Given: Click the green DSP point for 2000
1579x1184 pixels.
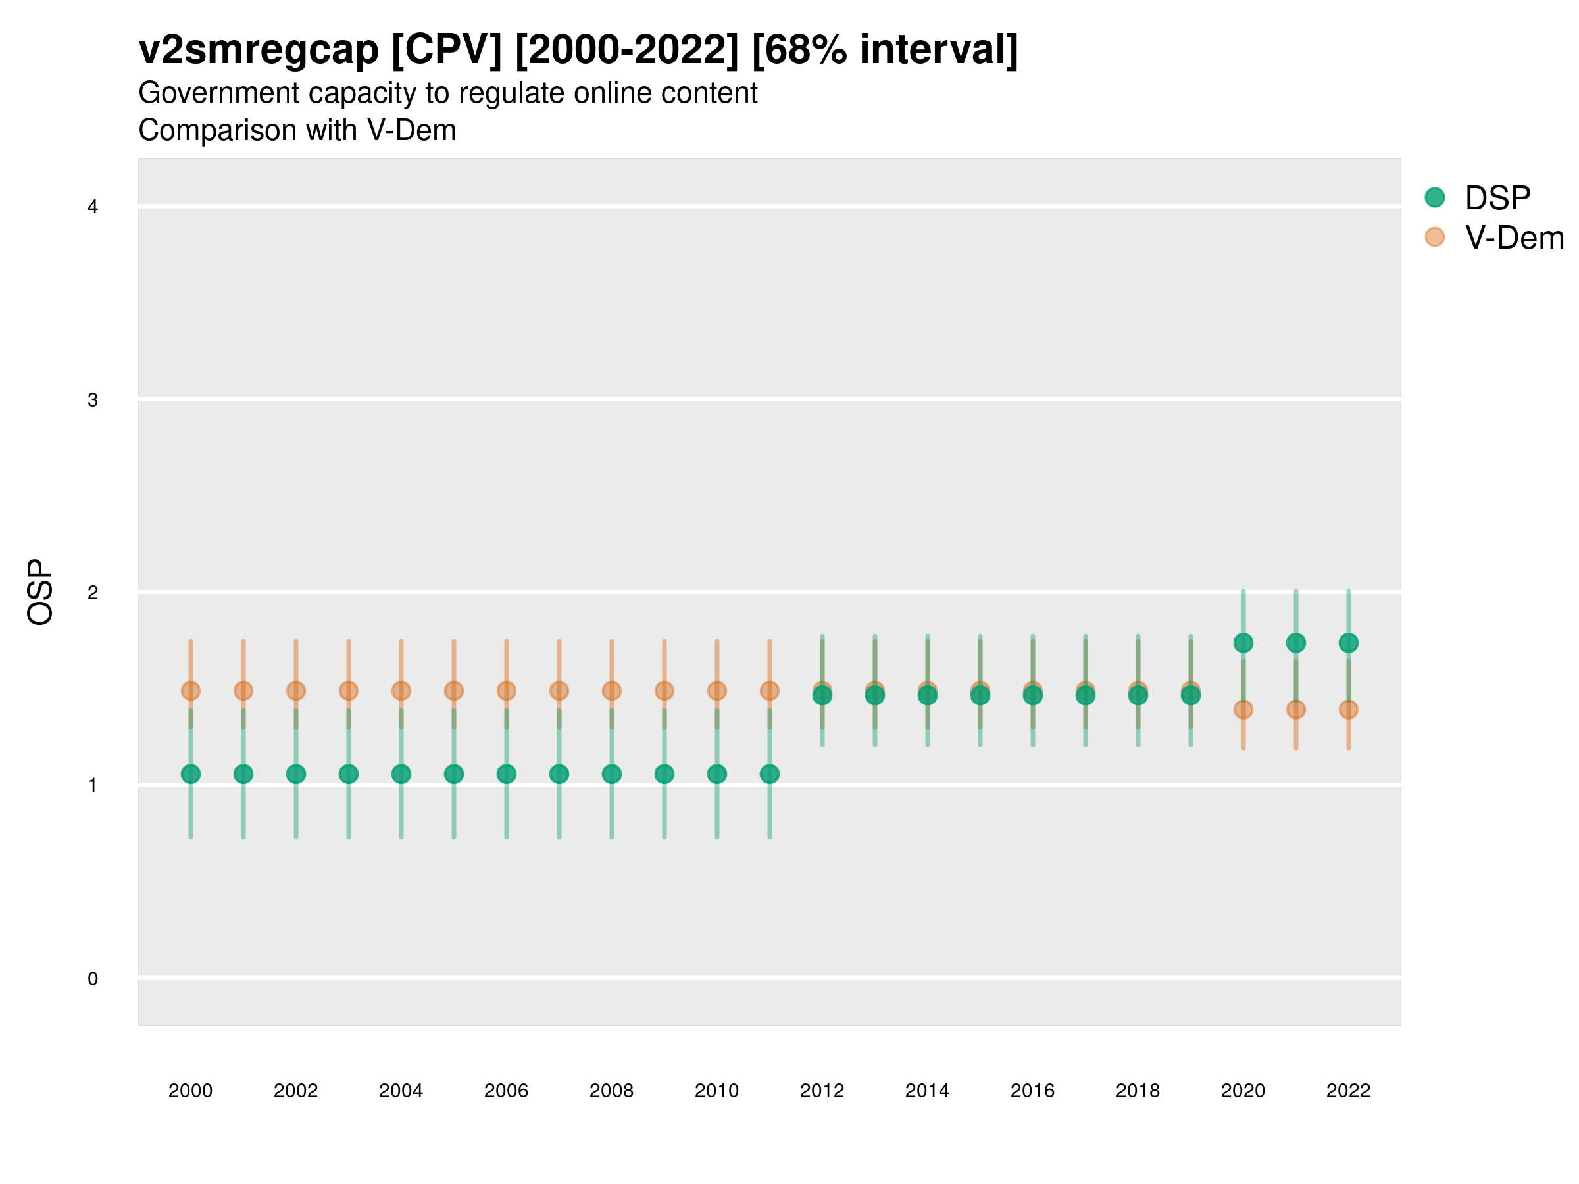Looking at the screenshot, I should [x=191, y=774].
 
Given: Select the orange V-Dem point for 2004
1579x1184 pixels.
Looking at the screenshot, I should [x=401, y=691].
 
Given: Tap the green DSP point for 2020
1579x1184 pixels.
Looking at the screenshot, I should [x=1243, y=643].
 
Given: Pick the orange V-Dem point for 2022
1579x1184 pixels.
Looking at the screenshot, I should [x=1349, y=709].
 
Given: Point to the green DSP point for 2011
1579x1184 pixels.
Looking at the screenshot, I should [x=770, y=774].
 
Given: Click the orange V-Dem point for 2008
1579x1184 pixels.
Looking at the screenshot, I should [x=612, y=691].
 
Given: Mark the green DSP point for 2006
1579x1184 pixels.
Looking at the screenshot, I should [x=506, y=774].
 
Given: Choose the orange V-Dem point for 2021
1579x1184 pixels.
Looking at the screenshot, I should [x=1295, y=709].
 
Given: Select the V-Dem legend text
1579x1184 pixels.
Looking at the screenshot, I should [x=1514, y=237].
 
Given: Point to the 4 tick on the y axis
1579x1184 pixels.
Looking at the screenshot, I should [x=93, y=207].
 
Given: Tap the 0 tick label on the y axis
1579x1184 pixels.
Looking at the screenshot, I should [x=93, y=979].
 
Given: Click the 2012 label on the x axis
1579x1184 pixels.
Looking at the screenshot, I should [x=822, y=1091].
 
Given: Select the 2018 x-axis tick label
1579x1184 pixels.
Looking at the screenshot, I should [x=1138, y=1091].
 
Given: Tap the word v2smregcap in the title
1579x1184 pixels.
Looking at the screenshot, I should [x=259, y=50].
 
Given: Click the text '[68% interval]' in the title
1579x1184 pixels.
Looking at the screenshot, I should [x=885, y=50].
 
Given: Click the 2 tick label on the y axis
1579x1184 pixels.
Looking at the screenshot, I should [x=93, y=593].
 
